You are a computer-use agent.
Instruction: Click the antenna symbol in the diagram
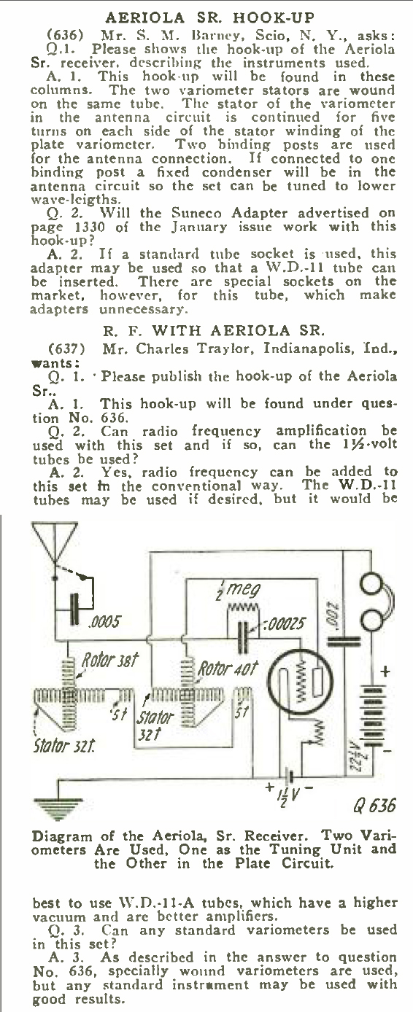point(54,543)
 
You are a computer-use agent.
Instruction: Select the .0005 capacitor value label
point(104,622)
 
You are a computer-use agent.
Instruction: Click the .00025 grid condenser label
point(286,625)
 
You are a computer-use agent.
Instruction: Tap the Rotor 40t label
point(228,668)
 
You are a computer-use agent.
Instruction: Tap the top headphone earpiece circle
point(373,584)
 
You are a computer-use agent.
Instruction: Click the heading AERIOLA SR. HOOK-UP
point(209,18)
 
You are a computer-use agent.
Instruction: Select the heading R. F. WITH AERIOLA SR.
point(214,330)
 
